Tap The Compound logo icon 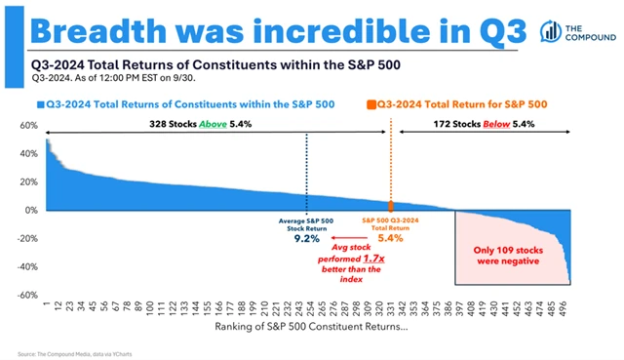click(x=554, y=30)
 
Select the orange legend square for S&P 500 click(x=371, y=103)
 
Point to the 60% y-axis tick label click(x=28, y=126)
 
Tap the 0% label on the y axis click(x=31, y=210)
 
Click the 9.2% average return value click(x=307, y=237)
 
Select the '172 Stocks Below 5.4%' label click(x=497, y=125)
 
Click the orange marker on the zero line click(x=392, y=206)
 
